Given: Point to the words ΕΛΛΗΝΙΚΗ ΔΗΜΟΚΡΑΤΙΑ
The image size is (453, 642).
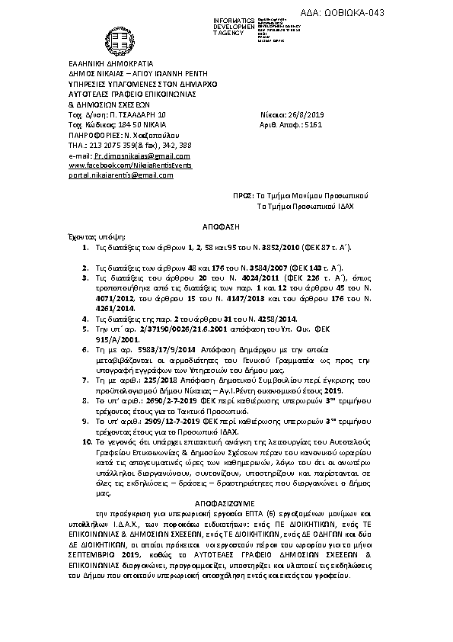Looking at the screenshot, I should point(111,63).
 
